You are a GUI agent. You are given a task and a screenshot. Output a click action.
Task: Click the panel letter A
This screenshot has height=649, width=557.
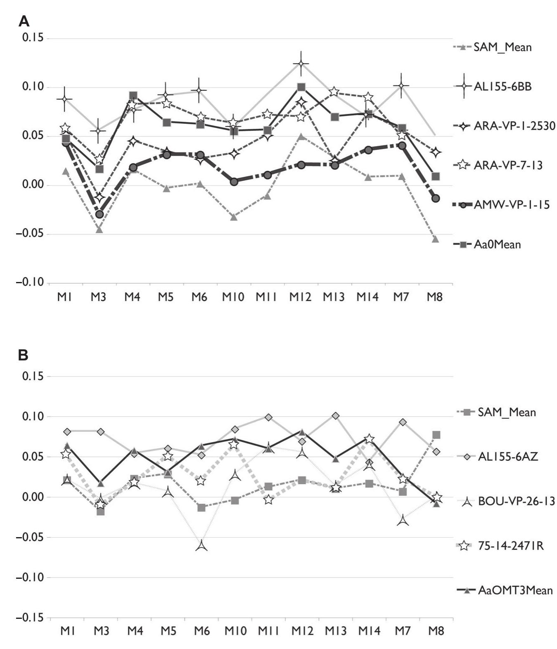tap(24, 21)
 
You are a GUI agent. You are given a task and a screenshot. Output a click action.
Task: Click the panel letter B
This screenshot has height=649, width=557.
tap(24, 355)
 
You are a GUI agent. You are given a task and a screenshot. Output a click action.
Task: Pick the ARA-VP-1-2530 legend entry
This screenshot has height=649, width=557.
tap(514, 126)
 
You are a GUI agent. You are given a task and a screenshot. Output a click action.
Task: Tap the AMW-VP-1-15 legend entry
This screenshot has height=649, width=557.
tap(511, 204)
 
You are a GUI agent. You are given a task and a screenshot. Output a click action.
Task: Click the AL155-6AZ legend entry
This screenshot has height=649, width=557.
tap(508, 457)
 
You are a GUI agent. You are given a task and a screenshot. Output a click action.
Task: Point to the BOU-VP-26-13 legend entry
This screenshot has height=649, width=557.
tap(516, 502)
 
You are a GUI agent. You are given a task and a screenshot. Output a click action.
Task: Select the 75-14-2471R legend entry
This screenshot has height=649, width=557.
tap(511, 546)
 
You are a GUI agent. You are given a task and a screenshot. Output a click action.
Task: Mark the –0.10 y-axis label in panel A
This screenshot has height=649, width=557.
tap(30, 283)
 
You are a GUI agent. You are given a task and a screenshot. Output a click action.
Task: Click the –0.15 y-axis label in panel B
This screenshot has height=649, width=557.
tap(30, 618)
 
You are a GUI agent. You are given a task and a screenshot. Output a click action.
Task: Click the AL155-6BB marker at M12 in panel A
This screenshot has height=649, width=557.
tap(301, 64)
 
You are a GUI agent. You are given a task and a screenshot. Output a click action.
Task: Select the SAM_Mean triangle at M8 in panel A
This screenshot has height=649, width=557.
tap(435, 239)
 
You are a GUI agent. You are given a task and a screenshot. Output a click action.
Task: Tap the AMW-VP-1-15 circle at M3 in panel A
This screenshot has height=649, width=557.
tap(99, 214)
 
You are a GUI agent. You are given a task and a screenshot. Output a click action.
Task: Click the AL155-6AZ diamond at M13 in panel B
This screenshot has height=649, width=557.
tap(336, 416)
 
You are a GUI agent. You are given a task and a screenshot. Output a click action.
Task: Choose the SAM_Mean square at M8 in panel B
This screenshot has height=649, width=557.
tap(436, 435)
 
